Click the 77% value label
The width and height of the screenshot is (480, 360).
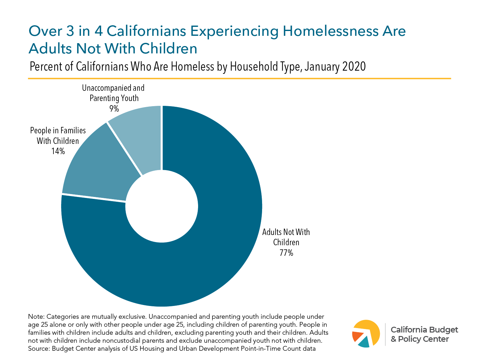click(286, 253)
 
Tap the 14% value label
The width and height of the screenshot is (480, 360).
click(58, 151)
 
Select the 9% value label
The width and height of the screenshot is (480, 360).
click(114, 109)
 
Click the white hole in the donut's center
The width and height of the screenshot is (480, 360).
click(162, 206)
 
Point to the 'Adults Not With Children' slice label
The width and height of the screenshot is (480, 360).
click(286, 237)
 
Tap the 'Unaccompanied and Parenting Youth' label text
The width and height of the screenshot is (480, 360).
click(113, 93)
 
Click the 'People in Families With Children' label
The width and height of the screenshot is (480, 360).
click(58, 136)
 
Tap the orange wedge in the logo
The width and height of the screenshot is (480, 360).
click(357, 337)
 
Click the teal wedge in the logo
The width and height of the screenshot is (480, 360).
click(364, 343)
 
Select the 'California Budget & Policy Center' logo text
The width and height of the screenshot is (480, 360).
click(424, 334)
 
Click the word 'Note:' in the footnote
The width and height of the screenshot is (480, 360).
click(36, 317)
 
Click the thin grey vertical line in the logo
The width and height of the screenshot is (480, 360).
click(385, 334)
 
